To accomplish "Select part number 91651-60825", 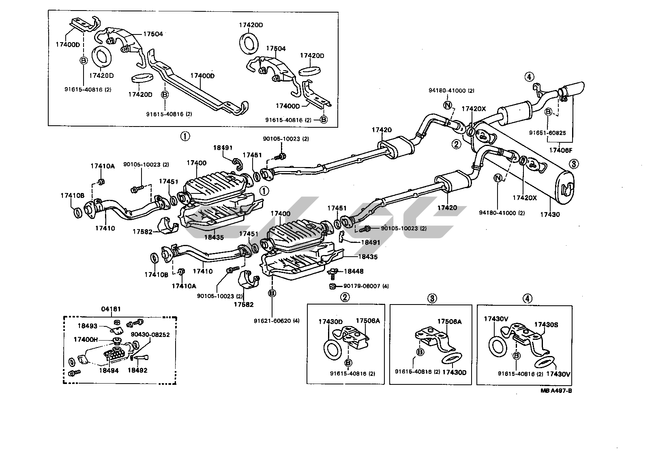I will click(x=547, y=132).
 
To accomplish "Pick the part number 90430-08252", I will click(x=150, y=335).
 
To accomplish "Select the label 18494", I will click(x=109, y=370).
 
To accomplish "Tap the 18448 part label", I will click(x=354, y=271).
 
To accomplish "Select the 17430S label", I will click(x=546, y=324).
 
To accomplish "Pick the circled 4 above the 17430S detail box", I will click(x=527, y=298).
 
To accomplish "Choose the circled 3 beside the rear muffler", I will click(x=574, y=164).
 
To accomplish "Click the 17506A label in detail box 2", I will click(x=368, y=321).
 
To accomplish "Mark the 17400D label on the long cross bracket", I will click(x=202, y=76).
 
